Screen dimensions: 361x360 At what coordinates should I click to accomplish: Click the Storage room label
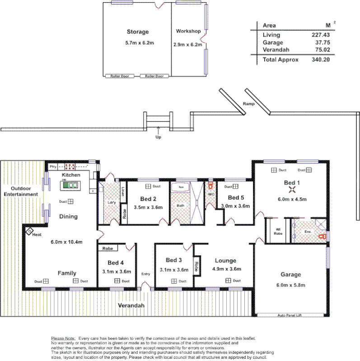(137, 32)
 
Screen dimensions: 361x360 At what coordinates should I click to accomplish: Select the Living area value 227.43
(320, 35)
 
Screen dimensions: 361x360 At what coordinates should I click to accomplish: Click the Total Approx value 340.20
(320, 60)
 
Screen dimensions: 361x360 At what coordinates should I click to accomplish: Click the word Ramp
(248, 104)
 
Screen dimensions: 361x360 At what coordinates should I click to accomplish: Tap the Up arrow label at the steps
(158, 137)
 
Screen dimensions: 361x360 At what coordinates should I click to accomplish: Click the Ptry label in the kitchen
(53, 167)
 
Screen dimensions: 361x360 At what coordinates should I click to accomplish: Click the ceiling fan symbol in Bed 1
(292, 190)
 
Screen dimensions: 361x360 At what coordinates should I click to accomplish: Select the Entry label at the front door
(145, 274)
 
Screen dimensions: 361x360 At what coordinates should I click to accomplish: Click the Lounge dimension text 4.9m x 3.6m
(226, 269)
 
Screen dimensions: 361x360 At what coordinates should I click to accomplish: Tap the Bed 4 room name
(116, 263)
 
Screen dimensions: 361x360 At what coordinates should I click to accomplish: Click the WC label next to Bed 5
(210, 194)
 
